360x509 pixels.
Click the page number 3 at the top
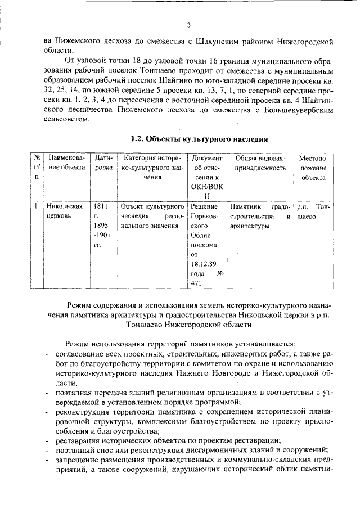click(x=189, y=25)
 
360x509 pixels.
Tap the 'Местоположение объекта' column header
click(x=313, y=168)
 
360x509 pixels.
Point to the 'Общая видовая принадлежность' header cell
click(x=260, y=163)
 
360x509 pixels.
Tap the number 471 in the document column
click(x=196, y=284)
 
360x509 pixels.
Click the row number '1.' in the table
click(x=36, y=206)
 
